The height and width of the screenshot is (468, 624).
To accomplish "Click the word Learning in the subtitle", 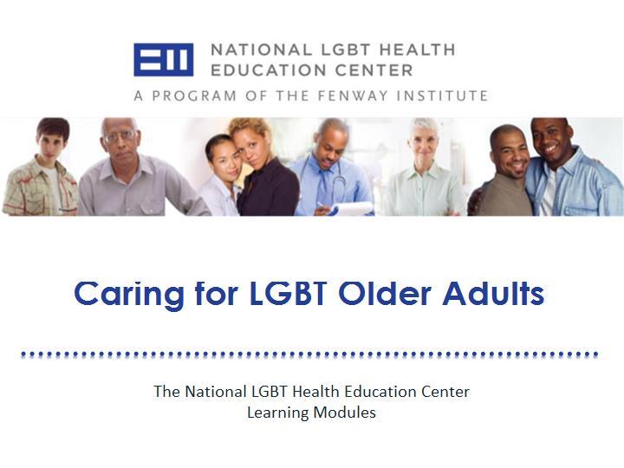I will [x=278, y=413].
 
